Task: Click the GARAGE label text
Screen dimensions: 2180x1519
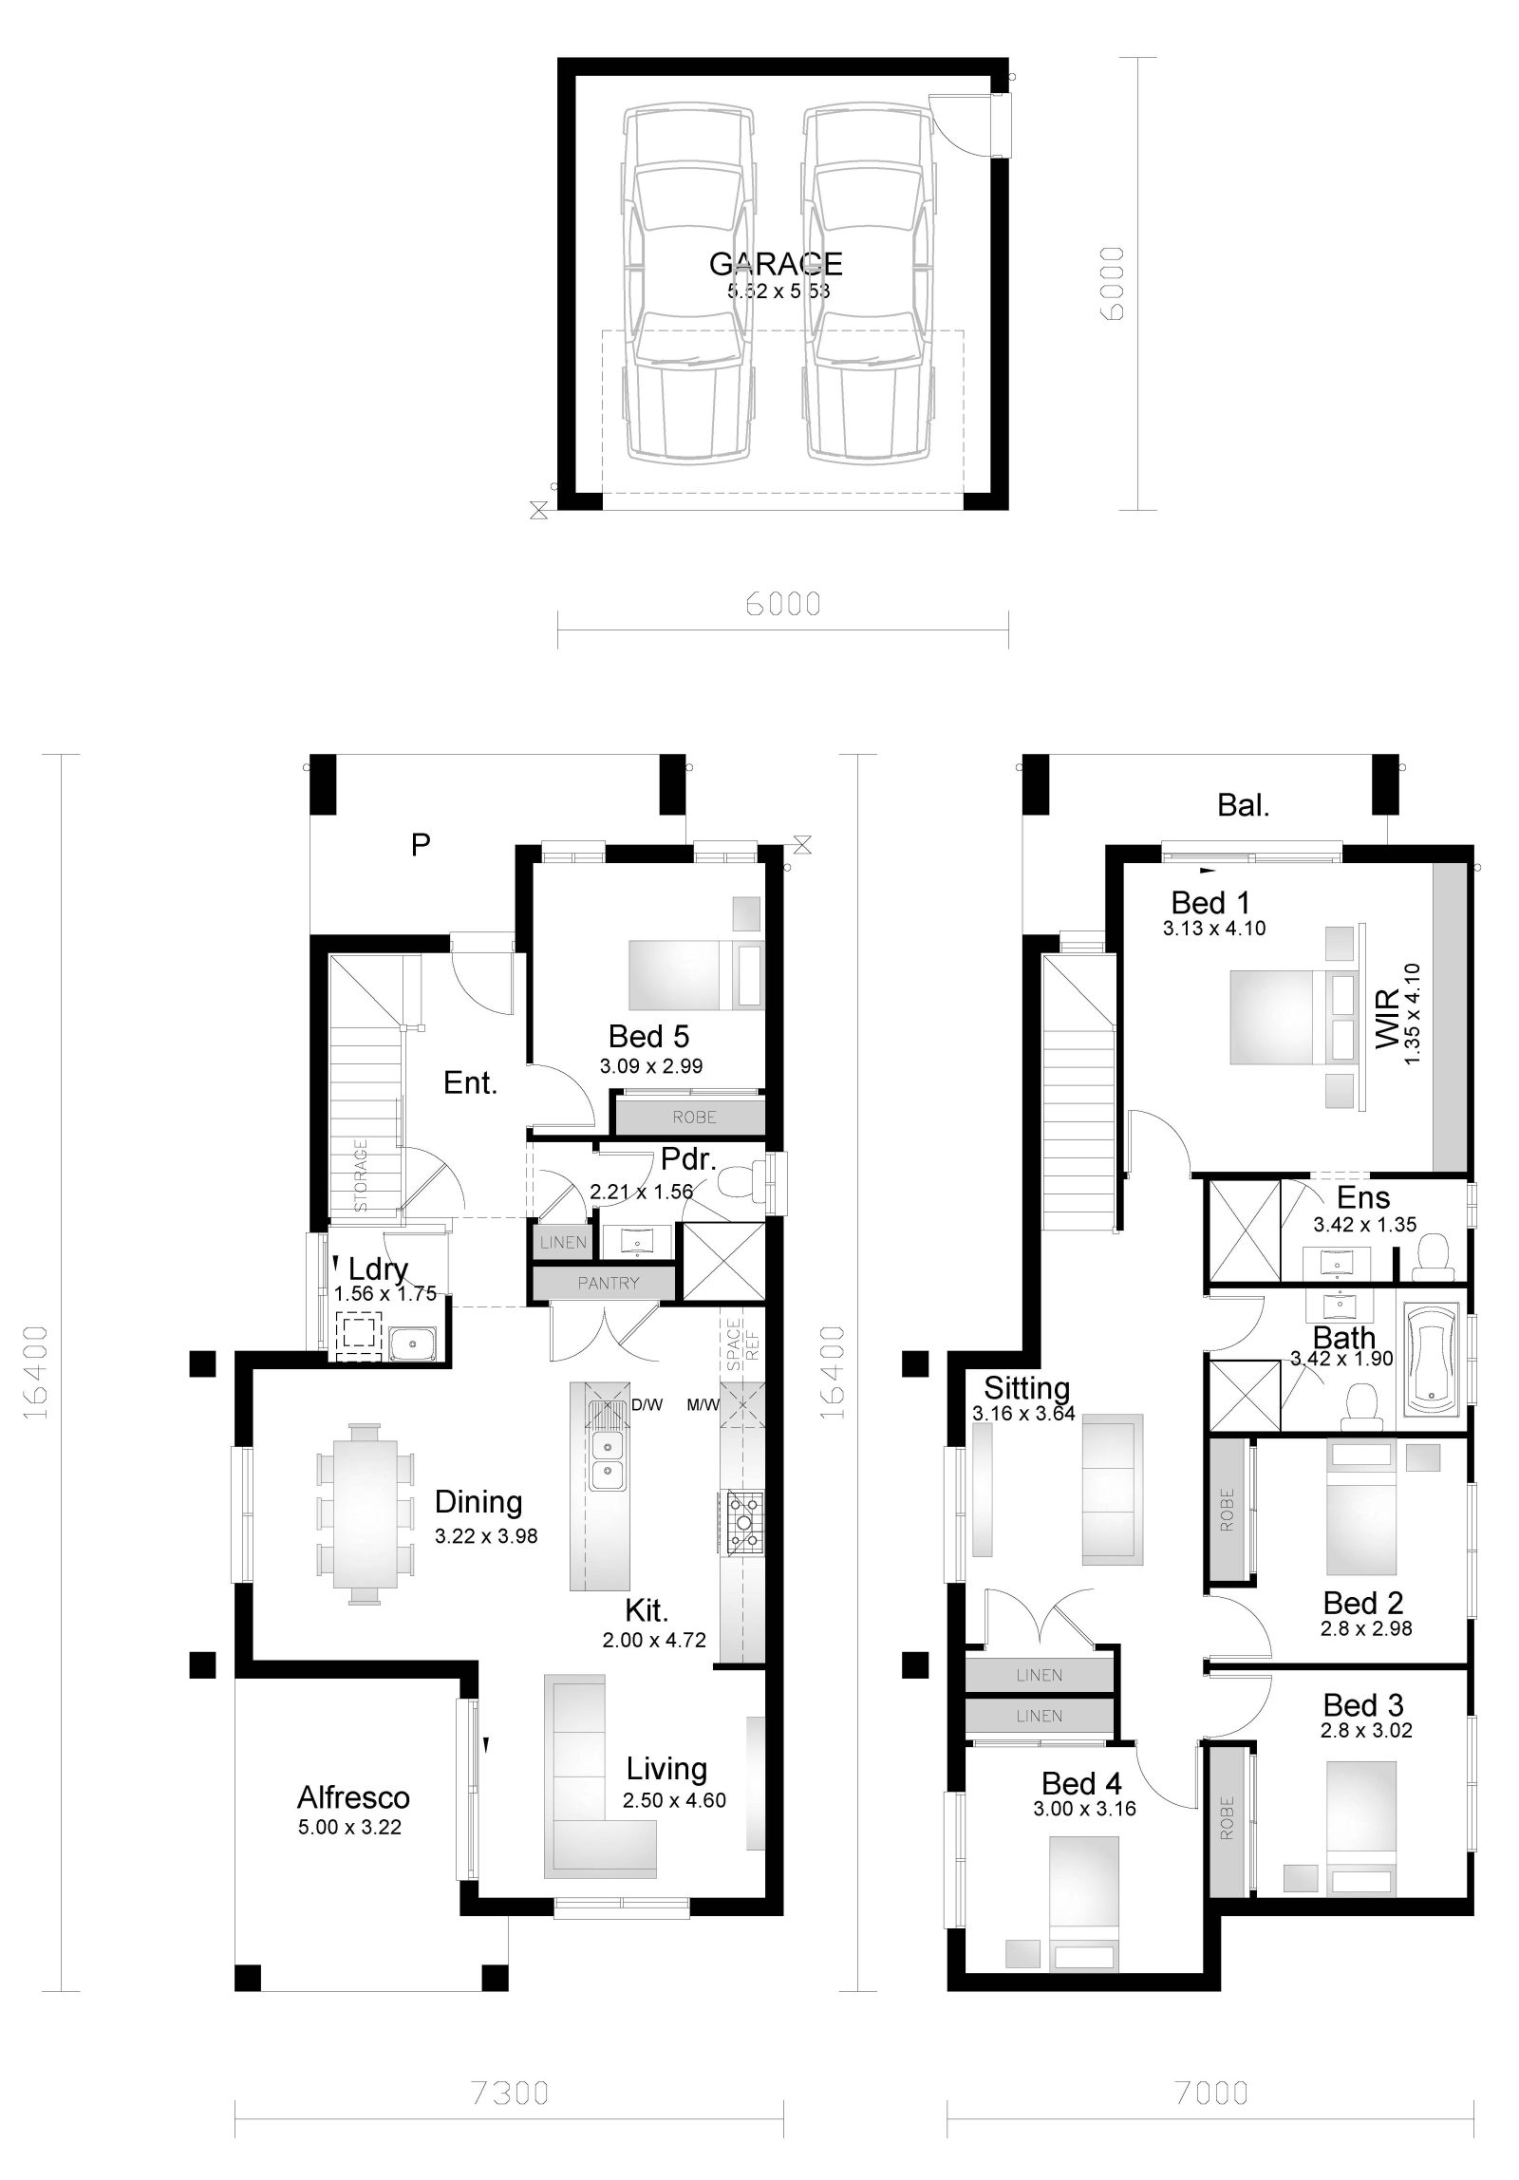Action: (775, 263)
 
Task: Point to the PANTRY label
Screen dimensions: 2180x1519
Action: (608, 1283)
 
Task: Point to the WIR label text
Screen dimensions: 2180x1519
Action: (1388, 1019)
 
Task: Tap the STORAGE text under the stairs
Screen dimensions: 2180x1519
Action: (362, 1175)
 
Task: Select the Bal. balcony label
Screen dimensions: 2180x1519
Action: (1243, 806)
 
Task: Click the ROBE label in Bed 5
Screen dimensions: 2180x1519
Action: (694, 1118)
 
